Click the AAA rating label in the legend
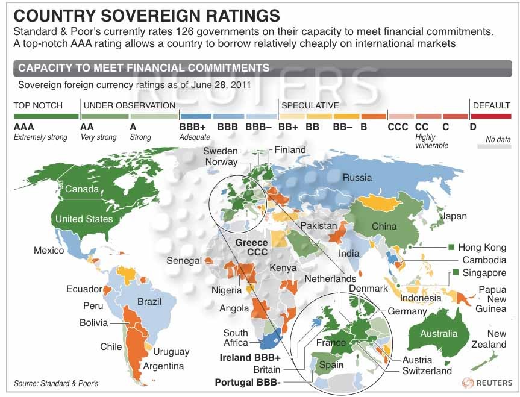(24, 127)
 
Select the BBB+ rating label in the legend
(192, 127)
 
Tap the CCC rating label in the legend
(398, 127)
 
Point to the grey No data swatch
(498, 146)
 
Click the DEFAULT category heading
(491, 105)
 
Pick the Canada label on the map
(81, 189)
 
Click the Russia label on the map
(357, 177)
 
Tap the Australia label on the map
(439, 333)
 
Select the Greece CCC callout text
(251, 248)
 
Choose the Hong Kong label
(482, 248)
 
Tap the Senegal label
(184, 261)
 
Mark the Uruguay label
(171, 352)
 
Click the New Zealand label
(497, 339)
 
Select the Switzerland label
(427, 370)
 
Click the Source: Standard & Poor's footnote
(55, 383)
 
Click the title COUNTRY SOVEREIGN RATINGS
(146, 15)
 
